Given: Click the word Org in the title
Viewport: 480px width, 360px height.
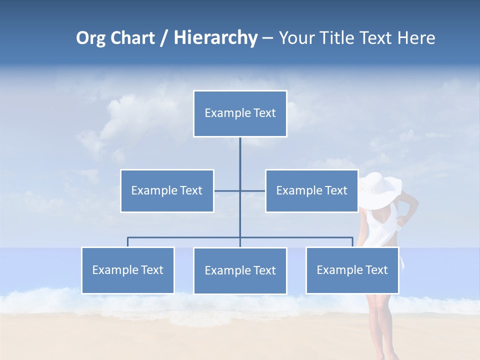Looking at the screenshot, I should tap(90, 38).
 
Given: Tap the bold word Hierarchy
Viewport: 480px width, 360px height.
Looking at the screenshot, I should tap(215, 38).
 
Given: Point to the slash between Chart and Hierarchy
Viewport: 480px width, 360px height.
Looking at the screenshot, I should tap(164, 38).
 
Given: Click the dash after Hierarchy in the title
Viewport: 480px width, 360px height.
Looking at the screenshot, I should tap(267, 38).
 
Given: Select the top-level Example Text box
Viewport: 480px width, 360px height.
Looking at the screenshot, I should tap(240, 113).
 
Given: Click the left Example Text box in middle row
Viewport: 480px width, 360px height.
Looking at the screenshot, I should tap(167, 190).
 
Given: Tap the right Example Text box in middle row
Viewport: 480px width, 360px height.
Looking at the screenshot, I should tap(311, 190).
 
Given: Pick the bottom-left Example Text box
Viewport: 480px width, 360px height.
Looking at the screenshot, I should tap(127, 270).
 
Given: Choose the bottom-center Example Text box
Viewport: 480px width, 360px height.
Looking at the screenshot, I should tap(240, 270).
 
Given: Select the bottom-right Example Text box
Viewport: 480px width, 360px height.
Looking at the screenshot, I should tap(352, 270).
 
